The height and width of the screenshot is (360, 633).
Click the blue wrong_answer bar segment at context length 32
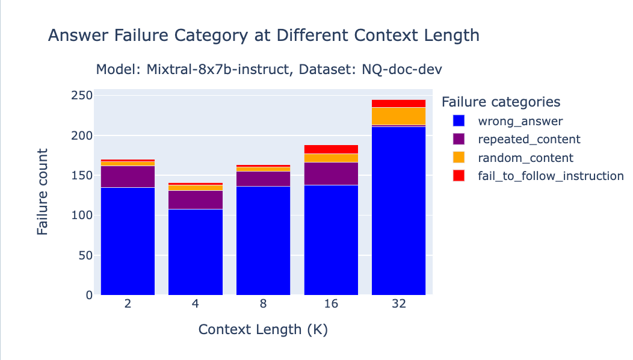click(x=399, y=211)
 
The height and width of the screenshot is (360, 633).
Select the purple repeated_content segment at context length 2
click(x=128, y=176)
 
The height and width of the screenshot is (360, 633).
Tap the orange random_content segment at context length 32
click(x=399, y=116)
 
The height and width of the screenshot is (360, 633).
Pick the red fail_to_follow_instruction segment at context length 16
click(x=331, y=149)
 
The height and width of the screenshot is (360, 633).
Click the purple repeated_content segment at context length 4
click(x=196, y=199)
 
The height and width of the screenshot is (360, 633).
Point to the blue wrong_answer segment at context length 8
click(x=263, y=240)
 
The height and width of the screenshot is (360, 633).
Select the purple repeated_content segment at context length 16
click(x=331, y=173)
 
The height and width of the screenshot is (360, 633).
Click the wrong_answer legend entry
click(x=520, y=122)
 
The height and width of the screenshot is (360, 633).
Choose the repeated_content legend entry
click(x=529, y=140)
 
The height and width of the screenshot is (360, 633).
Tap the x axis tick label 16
click(x=331, y=304)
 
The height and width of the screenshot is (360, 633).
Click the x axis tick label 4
click(x=196, y=304)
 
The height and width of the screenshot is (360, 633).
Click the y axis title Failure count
click(x=43, y=192)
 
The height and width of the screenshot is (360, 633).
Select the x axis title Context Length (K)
click(x=263, y=330)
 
